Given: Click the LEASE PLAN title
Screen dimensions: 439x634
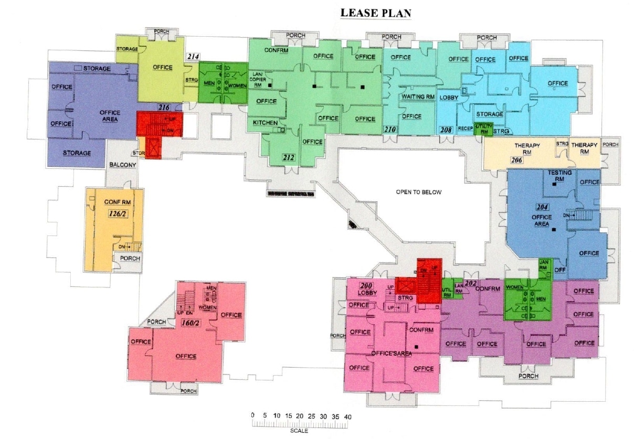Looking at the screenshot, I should [375, 13].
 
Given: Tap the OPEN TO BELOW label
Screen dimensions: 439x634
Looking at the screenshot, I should [419, 192].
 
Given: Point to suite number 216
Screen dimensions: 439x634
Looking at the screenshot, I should [164, 108].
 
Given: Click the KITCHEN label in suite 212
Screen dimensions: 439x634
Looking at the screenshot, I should [265, 123].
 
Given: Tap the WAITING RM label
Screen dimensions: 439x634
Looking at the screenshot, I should [418, 97].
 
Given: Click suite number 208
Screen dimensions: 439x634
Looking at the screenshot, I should [446, 130].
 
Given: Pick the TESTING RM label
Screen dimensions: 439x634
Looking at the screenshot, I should [559, 175].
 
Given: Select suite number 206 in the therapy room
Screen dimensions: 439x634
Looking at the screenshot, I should [516, 160].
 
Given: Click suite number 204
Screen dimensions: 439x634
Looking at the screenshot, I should [542, 207].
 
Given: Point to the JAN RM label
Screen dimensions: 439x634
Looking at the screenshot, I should [544, 265].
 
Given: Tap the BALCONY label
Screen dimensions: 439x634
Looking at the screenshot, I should [122, 165].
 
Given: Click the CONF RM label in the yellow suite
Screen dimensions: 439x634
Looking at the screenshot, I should [117, 202].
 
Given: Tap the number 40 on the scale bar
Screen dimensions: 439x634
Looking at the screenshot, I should [347, 416].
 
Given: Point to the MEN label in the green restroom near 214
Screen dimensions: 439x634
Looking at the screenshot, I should [209, 84].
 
